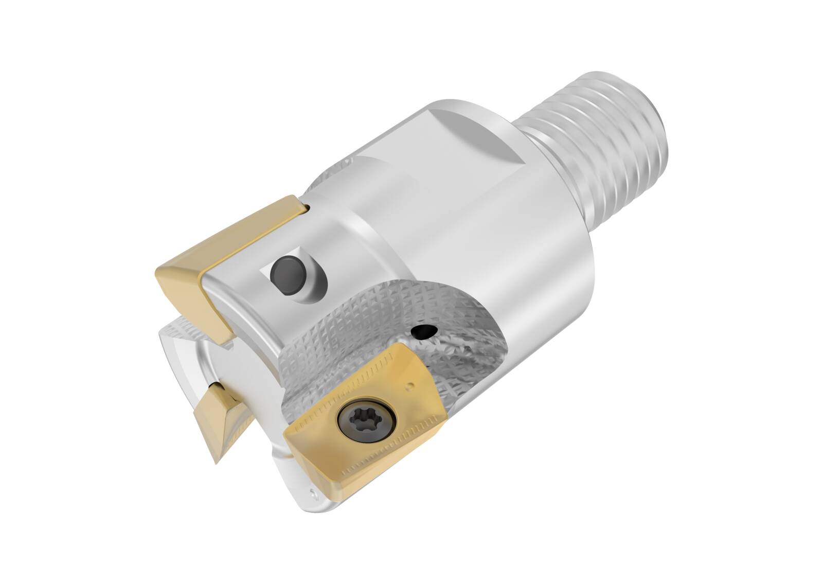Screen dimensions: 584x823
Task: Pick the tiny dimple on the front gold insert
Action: tap(410, 384)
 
